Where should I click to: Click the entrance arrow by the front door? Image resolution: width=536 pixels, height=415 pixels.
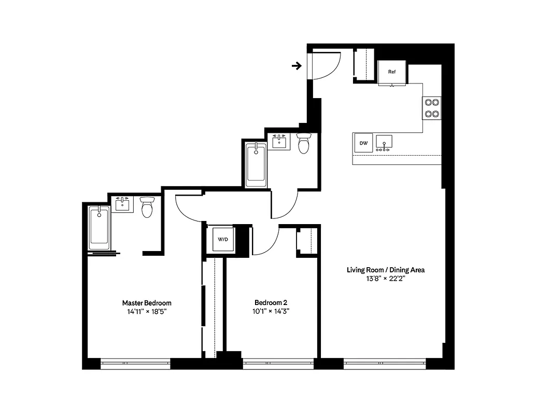point(297,66)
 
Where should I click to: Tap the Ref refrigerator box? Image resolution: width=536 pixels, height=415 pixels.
point(392,72)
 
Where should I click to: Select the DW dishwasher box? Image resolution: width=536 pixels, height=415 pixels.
point(363,143)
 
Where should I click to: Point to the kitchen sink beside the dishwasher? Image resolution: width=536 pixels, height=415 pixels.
point(384,142)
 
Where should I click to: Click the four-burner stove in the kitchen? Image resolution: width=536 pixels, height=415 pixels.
point(432,108)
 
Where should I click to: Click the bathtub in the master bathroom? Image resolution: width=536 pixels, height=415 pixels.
point(99,227)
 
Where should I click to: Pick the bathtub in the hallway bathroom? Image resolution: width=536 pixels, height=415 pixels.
point(256,165)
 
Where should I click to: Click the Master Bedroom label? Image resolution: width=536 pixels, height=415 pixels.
point(147,303)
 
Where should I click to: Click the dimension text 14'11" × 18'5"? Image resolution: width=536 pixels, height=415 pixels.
point(147,312)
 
